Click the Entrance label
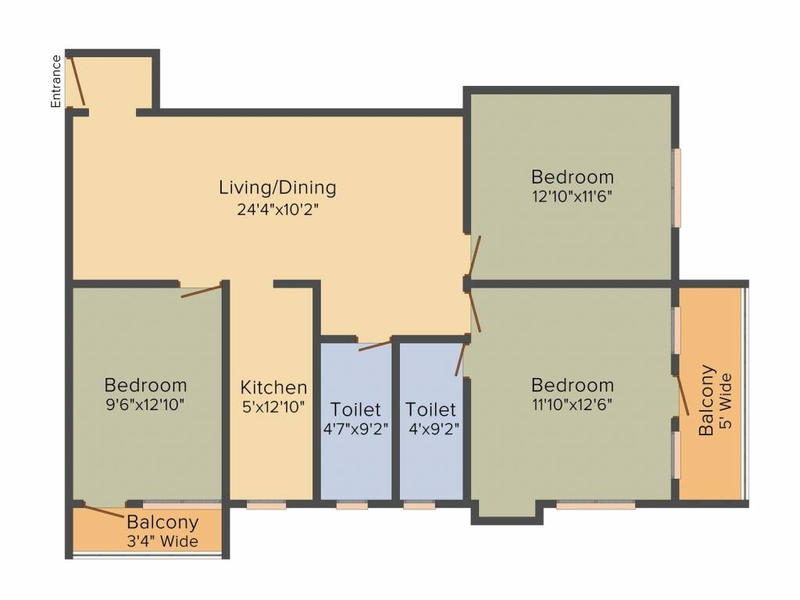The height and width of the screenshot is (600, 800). tap(55, 81)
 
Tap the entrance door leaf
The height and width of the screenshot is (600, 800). tap(77, 80)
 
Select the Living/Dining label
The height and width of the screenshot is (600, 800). tap(277, 187)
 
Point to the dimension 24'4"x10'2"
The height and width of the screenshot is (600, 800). tap(277, 209)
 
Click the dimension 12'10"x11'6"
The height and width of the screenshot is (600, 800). tap(572, 196)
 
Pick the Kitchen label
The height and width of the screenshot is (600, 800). tap(273, 387)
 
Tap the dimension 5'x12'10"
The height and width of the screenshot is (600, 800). tap(273, 406)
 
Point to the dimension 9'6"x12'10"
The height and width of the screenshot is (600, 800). tap(145, 405)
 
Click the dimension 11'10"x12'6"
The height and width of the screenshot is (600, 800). tap(572, 405)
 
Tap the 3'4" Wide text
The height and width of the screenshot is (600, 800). tap(162, 541)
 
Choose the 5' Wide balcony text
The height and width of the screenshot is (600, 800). tap(727, 401)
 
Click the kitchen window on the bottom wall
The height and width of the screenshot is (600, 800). tap(266, 505)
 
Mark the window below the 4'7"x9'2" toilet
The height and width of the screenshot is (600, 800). tap(352, 505)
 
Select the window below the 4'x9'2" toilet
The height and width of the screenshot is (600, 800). tap(420, 505)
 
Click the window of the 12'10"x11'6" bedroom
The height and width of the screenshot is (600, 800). tap(676, 187)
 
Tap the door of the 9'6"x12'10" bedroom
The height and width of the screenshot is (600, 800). tap(202, 291)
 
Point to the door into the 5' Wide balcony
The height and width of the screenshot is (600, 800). tap(683, 395)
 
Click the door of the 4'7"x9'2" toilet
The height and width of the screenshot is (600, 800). tap(375, 346)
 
